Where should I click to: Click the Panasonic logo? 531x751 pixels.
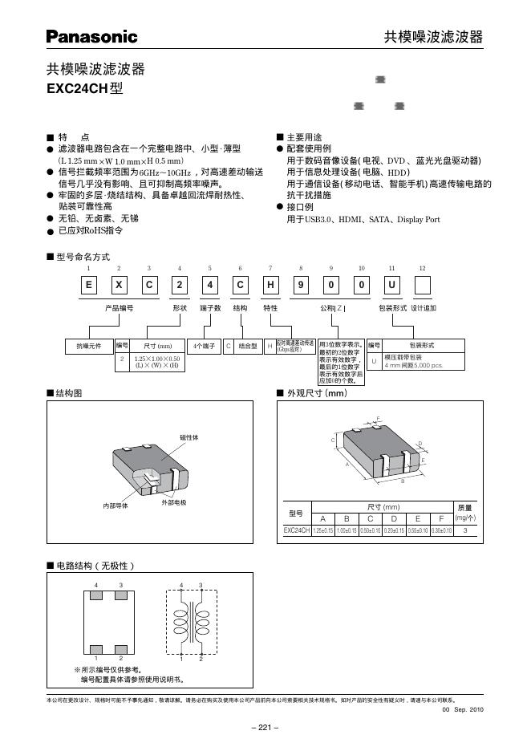tap(91, 36)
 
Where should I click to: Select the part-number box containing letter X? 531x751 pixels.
tap(118, 286)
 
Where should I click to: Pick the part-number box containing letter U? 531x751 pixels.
tap(391, 286)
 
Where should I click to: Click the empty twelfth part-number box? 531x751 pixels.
tap(422, 286)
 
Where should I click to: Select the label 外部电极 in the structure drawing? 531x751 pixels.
tap(173, 502)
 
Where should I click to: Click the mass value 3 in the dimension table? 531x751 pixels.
tap(465, 530)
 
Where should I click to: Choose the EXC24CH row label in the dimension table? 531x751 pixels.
tap(296, 530)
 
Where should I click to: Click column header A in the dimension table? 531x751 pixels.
tap(323, 518)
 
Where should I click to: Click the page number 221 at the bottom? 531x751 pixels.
tap(265, 728)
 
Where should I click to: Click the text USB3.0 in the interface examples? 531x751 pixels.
tap(321, 219)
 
